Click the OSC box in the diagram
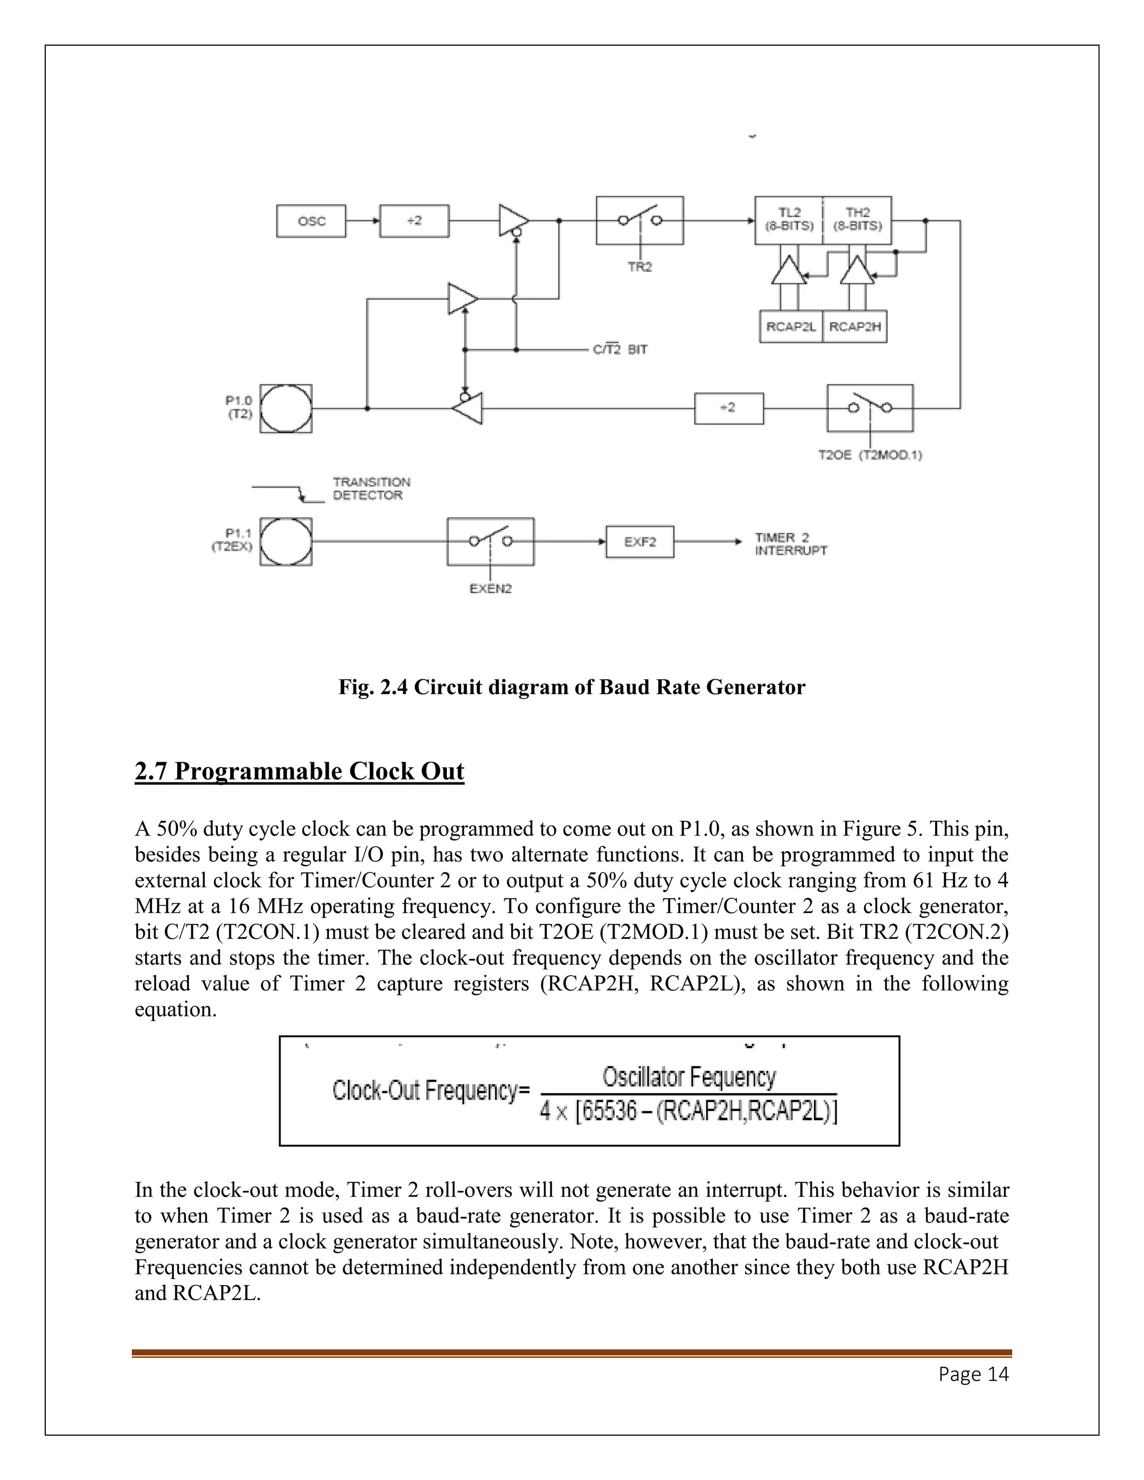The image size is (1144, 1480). [311, 221]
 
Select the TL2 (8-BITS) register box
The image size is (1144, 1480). [789, 220]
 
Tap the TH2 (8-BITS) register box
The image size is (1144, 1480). [857, 220]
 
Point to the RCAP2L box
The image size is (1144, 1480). [791, 327]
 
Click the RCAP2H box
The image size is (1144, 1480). [855, 327]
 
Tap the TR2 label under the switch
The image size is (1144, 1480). [639, 267]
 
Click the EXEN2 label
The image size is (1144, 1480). [490, 589]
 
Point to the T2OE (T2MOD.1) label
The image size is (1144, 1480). [870, 455]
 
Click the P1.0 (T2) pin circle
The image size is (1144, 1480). [286, 409]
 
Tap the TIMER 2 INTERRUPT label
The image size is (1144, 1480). [790, 544]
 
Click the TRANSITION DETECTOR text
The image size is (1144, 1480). [371, 489]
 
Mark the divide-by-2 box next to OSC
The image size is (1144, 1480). [414, 221]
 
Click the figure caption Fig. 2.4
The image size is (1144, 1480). [571, 687]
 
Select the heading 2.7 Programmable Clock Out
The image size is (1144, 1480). [299, 772]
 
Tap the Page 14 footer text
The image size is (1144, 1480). [973, 1374]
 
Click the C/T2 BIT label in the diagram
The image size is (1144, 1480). [619, 350]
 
